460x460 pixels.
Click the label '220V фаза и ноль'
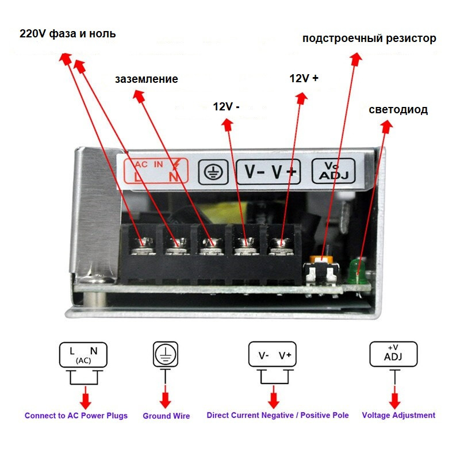[x=68, y=34]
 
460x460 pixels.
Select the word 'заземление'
[x=146, y=79]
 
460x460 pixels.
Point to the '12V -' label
[x=227, y=106]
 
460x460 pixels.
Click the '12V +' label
[x=304, y=79]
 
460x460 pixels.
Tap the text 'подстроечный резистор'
[x=369, y=39]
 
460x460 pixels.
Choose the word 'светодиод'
[x=398, y=110]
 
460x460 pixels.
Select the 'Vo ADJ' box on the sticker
[x=333, y=170]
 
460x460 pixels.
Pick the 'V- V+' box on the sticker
[x=269, y=171]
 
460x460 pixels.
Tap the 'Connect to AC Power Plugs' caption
[x=76, y=415]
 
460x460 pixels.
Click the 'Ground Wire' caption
[x=166, y=416]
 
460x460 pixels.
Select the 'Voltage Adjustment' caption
[x=398, y=415]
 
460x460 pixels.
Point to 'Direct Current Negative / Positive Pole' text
[x=278, y=415]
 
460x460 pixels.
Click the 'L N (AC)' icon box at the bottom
[x=83, y=355]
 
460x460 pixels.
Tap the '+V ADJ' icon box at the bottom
[x=393, y=354]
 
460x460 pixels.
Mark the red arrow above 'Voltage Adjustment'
[x=394, y=398]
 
